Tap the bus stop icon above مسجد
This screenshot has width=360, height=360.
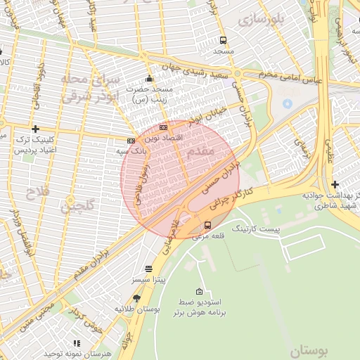223,41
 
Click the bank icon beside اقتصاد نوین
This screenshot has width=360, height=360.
163,127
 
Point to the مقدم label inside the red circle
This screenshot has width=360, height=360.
201,151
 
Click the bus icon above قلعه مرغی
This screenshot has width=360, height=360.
207,226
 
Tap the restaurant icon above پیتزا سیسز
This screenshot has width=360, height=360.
148,269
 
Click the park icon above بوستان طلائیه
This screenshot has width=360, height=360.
136,299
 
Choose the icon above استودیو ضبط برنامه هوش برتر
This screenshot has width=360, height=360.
200,292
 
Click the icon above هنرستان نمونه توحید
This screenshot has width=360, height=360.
77,343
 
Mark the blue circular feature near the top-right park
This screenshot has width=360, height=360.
287,104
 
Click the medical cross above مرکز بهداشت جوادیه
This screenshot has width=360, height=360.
334,184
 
